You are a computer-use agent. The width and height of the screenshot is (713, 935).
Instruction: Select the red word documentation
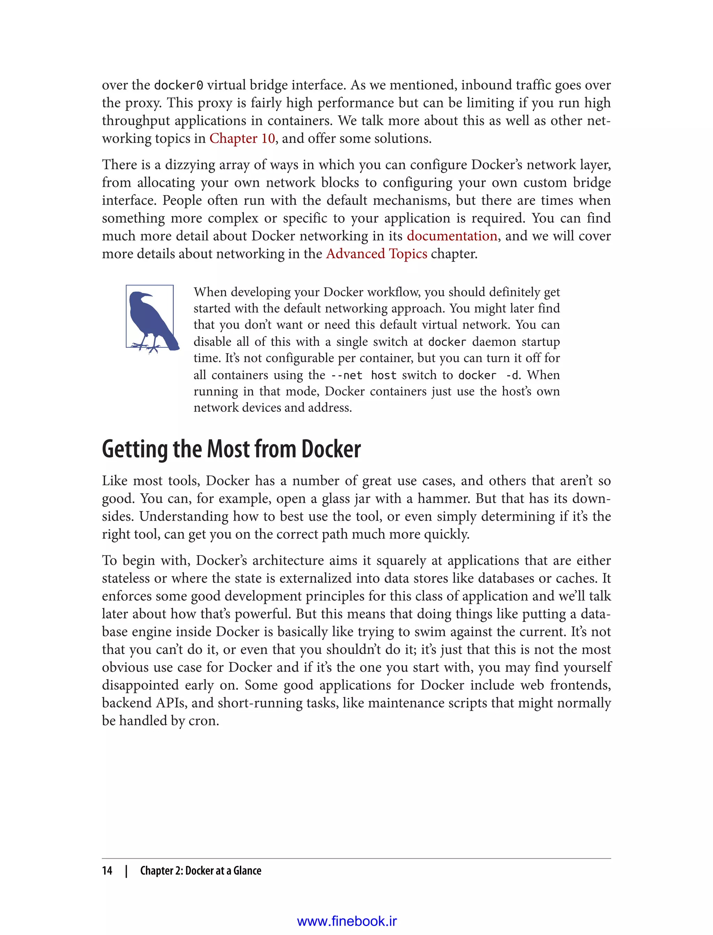coord(452,236)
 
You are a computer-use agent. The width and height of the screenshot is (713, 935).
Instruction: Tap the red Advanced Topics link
coord(376,254)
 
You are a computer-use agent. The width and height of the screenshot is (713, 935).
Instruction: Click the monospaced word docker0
coord(178,86)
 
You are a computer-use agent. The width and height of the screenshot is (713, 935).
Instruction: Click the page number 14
coord(107,871)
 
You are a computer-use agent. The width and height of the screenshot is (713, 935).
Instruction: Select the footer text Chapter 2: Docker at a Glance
coord(201,871)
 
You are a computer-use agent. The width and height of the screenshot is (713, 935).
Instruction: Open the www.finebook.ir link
coord(347,921)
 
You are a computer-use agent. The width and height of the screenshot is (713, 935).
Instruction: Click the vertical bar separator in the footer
coord(126,871)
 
